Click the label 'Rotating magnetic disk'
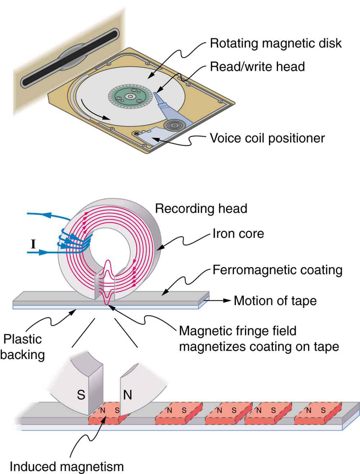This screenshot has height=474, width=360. [x=275, y=43]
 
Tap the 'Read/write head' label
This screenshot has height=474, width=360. [x=257, y=67]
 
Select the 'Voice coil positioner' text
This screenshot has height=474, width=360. [x=267, y=138]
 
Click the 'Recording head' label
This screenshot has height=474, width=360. [x=201, y=208]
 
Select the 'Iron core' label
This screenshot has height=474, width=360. [x=238, y=234]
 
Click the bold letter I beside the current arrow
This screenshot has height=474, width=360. [x=33, y=244]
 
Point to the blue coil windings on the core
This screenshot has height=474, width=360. [x=74, y=241]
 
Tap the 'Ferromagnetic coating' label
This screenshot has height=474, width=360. [x=277, y=270]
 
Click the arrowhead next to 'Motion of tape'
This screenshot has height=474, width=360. [x=227, y=300]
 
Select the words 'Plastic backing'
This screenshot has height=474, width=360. [x=22, y=347]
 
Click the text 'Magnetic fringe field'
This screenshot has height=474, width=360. [x=238, y=331]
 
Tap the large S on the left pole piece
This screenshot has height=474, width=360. [x=81, y=395]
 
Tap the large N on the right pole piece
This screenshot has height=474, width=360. [x=128, y=395]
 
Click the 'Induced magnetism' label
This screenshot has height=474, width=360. [x=67, y=466]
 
